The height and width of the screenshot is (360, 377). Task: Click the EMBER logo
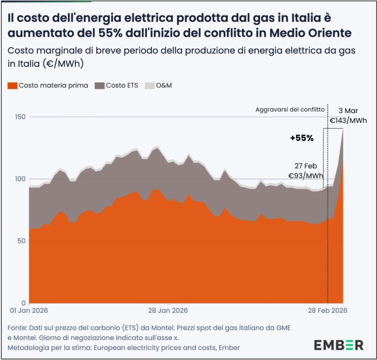(x=339, y=344)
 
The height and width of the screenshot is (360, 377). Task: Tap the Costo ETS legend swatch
(x=99, y=86)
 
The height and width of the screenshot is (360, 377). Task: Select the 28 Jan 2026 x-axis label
(x=168, y=311)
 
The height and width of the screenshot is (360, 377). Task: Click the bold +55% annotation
(x=302, y=139)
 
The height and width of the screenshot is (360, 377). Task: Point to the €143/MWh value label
(x=348, y=121)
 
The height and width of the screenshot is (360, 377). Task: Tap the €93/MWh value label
(x=306, y=176)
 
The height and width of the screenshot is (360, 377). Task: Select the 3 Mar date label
(x=351, y=111)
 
